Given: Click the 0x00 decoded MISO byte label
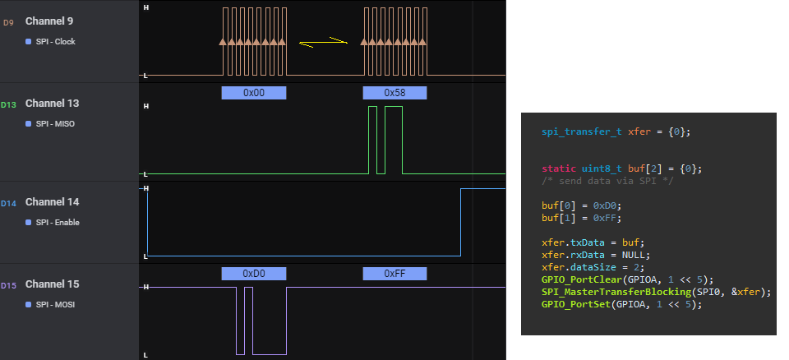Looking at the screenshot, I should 254,93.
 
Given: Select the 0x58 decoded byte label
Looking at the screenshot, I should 394,93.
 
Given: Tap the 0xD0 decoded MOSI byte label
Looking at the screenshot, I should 254,273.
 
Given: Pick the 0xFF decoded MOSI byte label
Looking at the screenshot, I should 394,273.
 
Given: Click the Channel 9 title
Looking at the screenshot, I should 53,21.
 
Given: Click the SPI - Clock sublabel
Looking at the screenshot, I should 55,41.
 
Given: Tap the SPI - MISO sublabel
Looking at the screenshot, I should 55,124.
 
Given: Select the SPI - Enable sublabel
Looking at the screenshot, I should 58,223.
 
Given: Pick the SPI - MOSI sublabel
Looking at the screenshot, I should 55,305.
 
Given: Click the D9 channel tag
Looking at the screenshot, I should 8,22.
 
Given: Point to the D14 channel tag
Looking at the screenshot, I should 8,203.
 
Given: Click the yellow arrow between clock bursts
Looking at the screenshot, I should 323,42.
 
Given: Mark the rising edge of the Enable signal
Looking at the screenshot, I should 460,222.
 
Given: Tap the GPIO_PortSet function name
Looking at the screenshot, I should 571,303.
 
